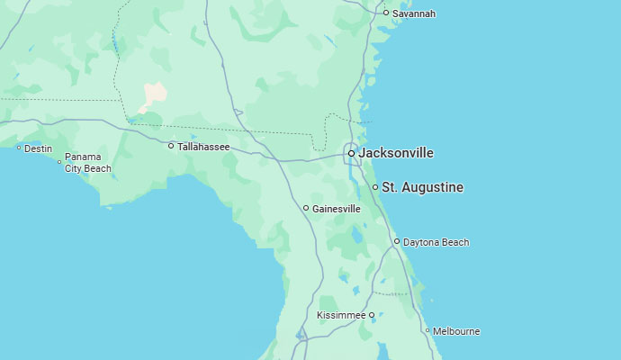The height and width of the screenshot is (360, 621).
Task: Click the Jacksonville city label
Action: (x=396, y=153)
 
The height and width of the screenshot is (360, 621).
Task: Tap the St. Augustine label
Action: (x=423, y=187)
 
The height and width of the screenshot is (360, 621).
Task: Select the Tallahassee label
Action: (x=203, y=147)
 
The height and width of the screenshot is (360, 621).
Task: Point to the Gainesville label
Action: (x=337, y=209)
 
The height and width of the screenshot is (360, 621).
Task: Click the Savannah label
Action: (x=414, y=13)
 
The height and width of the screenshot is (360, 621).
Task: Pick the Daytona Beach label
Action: (x=436, y=242)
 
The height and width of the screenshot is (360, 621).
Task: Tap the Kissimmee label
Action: (x=341, y=316)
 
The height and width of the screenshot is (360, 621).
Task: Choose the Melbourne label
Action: (x=456, y=331)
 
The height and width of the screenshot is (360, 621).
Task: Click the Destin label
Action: (x=38, y=148)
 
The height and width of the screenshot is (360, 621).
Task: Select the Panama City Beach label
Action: (x=88, y=163)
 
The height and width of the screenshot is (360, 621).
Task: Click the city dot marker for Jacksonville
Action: (x=351, y=153)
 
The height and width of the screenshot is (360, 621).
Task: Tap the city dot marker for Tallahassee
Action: (x=171, y=146)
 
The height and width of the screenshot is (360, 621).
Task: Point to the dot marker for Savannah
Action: (x=386, y=13)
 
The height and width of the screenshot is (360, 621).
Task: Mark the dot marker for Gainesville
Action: (x=306, y=208)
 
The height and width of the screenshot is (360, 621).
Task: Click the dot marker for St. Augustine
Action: (x=375, y=187)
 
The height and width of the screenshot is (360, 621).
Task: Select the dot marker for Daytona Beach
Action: (x=397, y=241)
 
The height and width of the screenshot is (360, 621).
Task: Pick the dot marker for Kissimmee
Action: (x=372, y=315)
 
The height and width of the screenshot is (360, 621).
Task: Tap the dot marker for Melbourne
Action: (x=427, y=330)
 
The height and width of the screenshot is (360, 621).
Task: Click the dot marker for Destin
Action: (x=19, y=148)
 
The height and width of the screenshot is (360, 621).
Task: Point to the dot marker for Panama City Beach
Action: (x=59, y=162)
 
